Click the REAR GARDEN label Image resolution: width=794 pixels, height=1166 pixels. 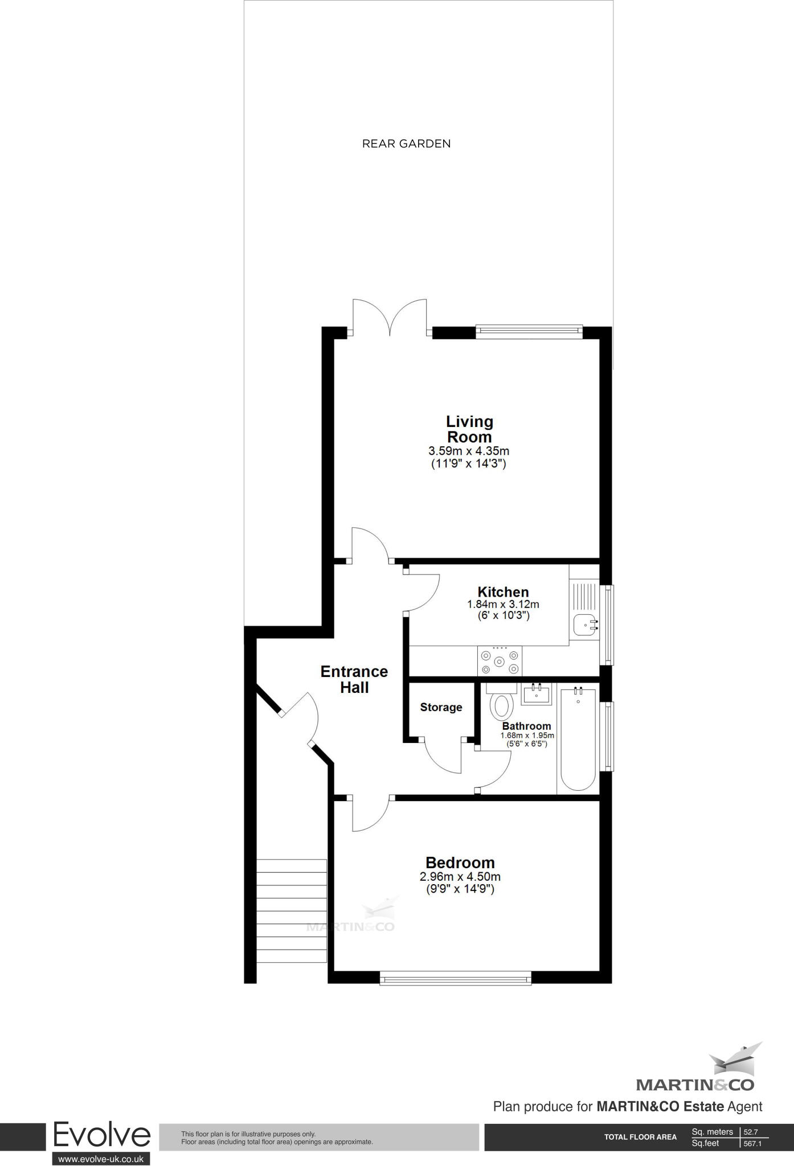coord(406,143)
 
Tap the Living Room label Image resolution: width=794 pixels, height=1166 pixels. coord(469,429)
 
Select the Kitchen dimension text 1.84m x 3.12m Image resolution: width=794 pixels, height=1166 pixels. coord(503,604)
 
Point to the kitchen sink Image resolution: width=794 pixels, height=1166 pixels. coord(584,625)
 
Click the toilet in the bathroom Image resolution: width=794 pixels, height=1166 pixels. coord(501,704)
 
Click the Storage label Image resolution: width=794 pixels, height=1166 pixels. coord(441,707)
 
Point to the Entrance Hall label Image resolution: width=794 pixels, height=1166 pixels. coord(354,679)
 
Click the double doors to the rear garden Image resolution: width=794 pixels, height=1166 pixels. coord(390,319)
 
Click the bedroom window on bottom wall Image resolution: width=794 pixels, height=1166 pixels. coord(455,980)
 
